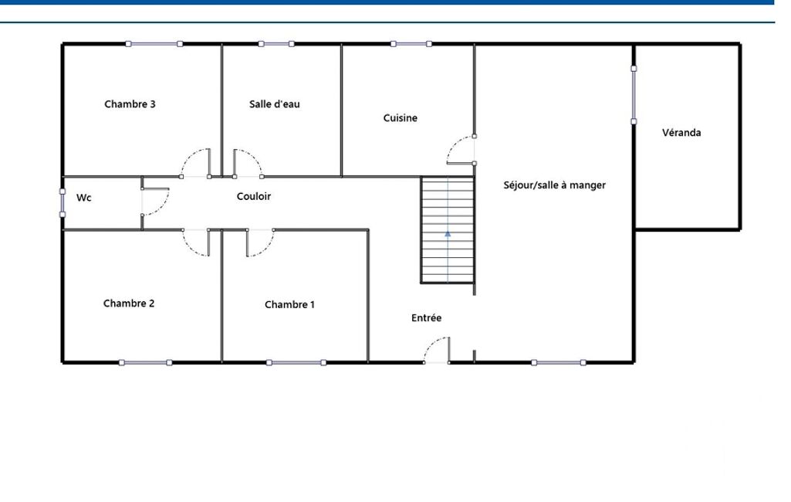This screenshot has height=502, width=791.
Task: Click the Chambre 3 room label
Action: point(130,104)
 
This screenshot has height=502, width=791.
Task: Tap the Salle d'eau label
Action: point(275,104)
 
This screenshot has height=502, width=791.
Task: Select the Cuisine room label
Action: point(400,117)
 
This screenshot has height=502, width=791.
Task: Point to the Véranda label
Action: point(681,132)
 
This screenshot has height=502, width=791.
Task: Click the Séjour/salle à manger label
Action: point(554,185)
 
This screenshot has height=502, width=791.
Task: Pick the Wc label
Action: point(84,198)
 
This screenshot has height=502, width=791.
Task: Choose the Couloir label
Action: point(254,196)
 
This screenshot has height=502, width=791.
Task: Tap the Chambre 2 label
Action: point(129,303)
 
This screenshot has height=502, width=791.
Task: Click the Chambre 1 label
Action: point(289,304)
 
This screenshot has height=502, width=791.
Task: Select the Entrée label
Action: point(426,317)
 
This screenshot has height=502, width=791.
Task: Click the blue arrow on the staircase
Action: point(448,233)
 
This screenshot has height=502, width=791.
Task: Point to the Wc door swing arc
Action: point(162,206)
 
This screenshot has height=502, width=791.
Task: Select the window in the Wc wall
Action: point(63,203)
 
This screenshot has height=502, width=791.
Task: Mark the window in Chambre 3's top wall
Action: point(154,44)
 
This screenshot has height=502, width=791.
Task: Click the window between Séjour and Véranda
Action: point(634,95)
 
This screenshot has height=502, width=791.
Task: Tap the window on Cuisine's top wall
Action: point(411,44)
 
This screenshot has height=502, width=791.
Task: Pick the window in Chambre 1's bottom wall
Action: point(296,363)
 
